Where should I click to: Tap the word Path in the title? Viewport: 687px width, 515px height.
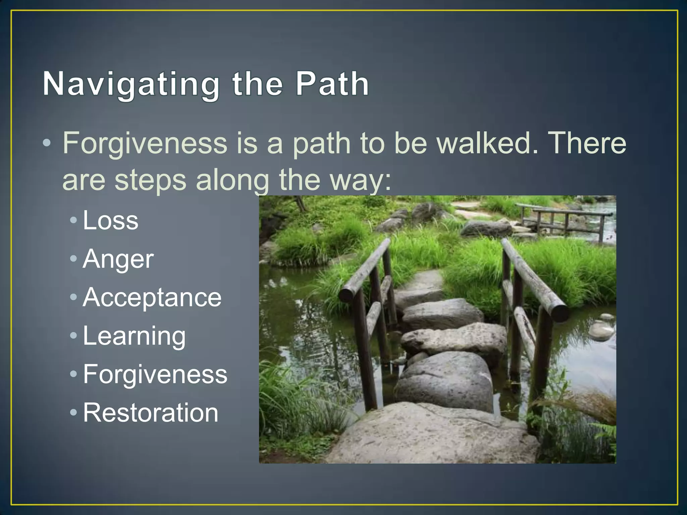point(332,84)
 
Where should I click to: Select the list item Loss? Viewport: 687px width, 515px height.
point(110,221)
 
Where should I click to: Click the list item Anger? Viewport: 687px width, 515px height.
point(118,259)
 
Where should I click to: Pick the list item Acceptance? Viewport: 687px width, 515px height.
point(152,297)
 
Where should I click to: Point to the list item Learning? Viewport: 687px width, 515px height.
point(134,336)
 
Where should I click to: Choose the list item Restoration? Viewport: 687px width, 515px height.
point(151,413)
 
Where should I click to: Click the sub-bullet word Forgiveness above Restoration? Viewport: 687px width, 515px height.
point(155,375)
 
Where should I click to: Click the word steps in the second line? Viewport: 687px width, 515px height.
point(150,180)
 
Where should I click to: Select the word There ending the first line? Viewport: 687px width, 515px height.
point(588,143)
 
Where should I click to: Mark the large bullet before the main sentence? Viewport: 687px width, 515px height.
point(47,144)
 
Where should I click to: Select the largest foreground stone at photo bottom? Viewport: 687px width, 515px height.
point(433,436)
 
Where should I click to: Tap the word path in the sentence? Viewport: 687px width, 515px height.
point(321,144)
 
